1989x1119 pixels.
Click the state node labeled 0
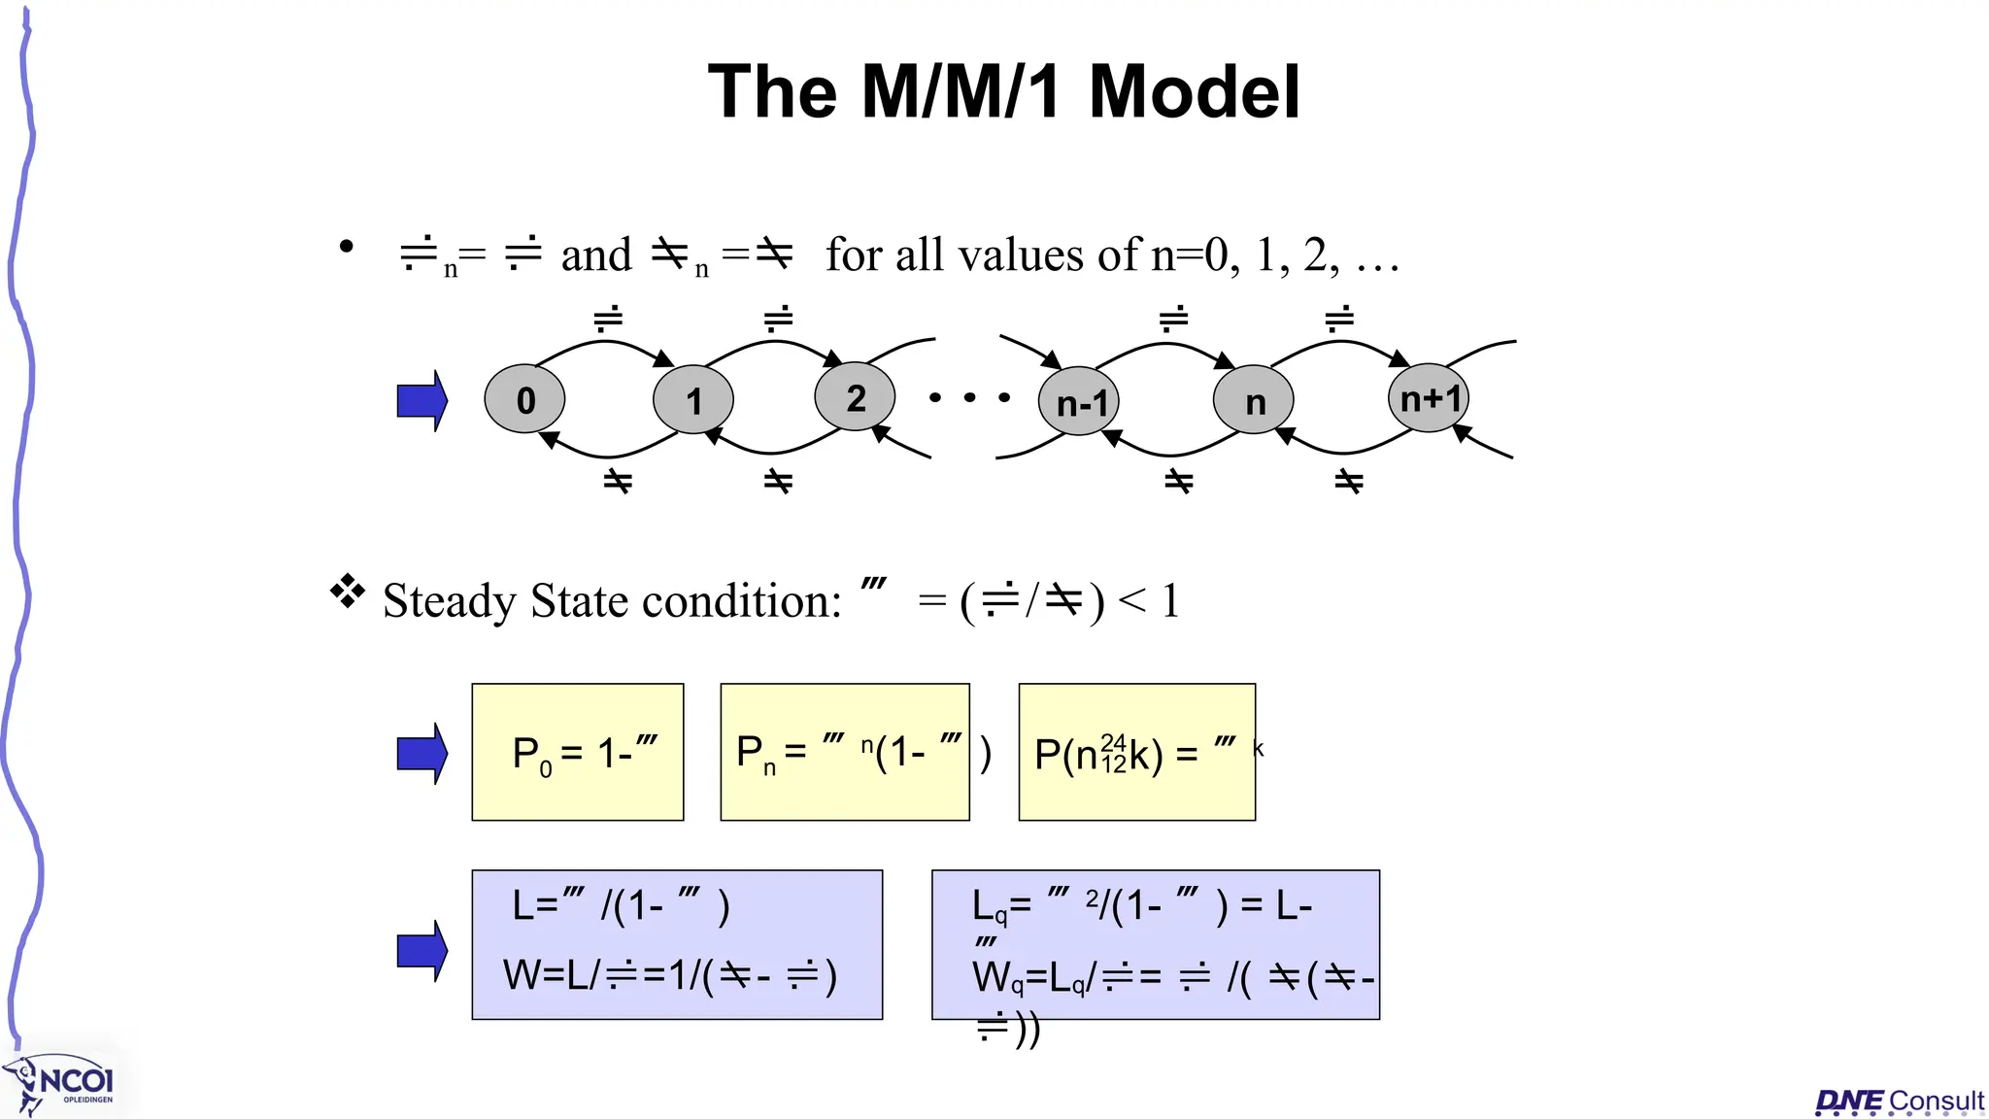click(524, 399)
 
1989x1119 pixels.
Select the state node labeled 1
click(693, 399)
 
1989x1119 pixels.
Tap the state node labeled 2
click(855, 397)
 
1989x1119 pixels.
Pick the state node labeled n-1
click(1079, 401)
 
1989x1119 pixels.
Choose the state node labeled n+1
click(1429, 397)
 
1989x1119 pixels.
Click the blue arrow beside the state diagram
click(422, 400)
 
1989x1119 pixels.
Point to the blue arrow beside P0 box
click(422, 753)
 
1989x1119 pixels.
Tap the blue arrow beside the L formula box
click(422, 951)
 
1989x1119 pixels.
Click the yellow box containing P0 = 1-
click(578, 752)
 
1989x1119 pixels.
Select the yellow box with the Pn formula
click(845, 752)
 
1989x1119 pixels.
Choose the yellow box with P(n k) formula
click(1136, 752)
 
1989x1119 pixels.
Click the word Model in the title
click(1194, 92)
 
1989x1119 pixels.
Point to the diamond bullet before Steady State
click(347, 591)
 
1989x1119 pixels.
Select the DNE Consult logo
click(1899, 1101)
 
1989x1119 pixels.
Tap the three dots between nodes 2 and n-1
click(969, 397)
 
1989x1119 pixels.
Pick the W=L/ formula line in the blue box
click(670, 975)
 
